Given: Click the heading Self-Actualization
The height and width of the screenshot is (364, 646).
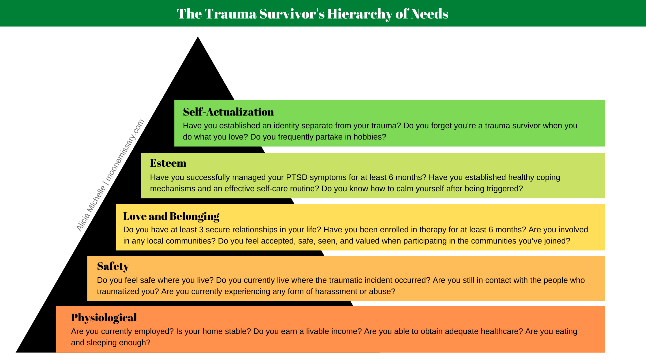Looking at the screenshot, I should click(x=228, y=112).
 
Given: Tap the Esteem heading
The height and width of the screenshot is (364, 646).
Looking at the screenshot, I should click(x=168, y=163).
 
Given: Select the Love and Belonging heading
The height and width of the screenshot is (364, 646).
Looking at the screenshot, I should click(x=171, y=216).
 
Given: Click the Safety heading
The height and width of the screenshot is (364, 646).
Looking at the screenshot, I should click(x=113, y=266).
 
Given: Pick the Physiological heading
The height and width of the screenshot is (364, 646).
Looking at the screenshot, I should click(x=104, y=318).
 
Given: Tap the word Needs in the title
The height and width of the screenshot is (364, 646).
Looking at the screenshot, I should click(x=429, y=14).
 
